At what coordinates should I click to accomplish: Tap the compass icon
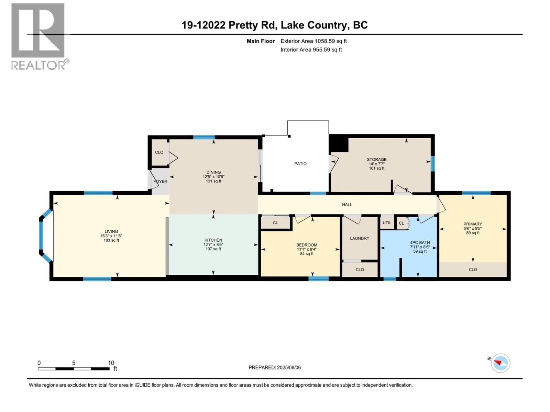tap(500, 363)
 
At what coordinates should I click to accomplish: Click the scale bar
tap(74, 369)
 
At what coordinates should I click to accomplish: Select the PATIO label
tap(300, 164)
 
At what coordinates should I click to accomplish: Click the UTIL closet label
tap(387, 223)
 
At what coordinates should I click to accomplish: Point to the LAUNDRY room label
tap(360, 238)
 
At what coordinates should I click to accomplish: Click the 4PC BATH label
tap(420, 242)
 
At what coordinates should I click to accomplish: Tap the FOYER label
tap(160, 182)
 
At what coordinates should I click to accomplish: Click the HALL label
tap(347, 205)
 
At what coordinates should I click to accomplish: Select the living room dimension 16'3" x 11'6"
tap(111, 236)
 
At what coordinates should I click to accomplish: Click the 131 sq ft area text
tap(213, 181)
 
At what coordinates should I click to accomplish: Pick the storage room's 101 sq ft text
tap(376, 168)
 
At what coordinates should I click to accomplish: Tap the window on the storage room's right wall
tap(432, 163)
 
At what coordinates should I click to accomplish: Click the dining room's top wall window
tap(204, 137)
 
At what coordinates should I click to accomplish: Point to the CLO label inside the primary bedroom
tap(473, 270)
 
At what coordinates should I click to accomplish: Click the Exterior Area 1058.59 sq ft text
tap(313, 41)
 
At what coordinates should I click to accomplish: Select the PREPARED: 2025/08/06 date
tap(275, 367)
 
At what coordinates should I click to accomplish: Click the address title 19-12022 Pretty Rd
tap(275, 25)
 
